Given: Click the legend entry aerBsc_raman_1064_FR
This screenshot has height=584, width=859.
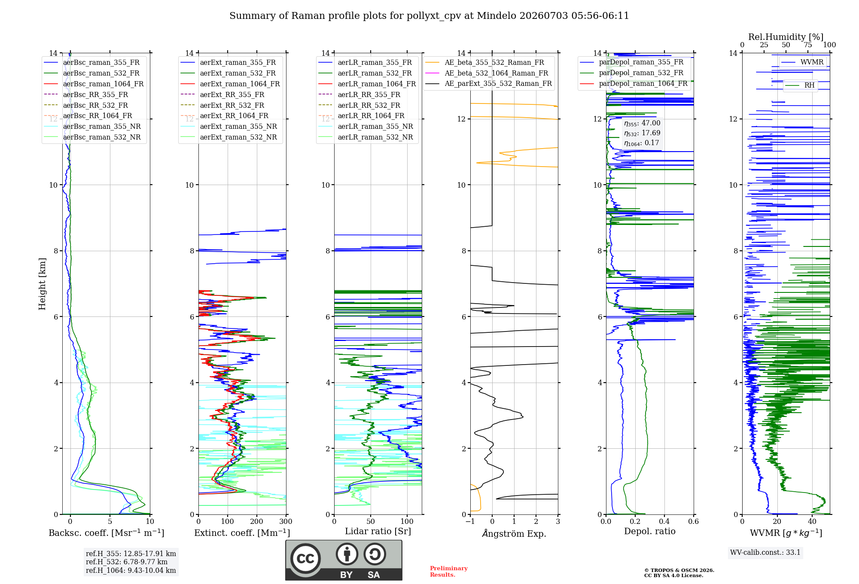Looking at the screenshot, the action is coord(94,84).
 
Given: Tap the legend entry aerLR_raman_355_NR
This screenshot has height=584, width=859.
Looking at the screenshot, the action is coord(366,126).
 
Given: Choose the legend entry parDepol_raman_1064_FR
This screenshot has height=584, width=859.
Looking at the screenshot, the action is coord(634,83).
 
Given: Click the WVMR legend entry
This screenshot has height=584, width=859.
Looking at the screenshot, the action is coord(802,62).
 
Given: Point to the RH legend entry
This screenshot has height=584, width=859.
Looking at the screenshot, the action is coord(800,85).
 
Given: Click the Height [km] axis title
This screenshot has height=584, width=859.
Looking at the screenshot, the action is coord(42,284).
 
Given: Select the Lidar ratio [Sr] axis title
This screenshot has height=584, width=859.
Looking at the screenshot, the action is coord(378,531).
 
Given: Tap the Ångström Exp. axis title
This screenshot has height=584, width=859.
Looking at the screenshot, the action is coord(514,533).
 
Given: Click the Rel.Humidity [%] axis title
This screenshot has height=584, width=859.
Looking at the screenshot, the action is coord(786,37).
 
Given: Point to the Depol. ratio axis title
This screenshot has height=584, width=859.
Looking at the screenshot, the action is coord(650,531).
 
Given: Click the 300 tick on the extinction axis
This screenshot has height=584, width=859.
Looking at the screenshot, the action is coord(286,521).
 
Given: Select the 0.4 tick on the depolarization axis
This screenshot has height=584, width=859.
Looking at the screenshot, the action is coord(664,521).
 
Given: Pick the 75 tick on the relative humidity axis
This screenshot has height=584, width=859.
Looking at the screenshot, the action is coord(808,45).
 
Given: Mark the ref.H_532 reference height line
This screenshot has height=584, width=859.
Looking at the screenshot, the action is coord(127,562).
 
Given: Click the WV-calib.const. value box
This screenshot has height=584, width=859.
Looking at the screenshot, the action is coord(765,552).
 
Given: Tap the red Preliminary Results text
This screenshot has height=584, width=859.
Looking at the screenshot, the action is coord(449,572).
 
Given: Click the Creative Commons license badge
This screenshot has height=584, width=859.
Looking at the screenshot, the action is coord(344,560).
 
